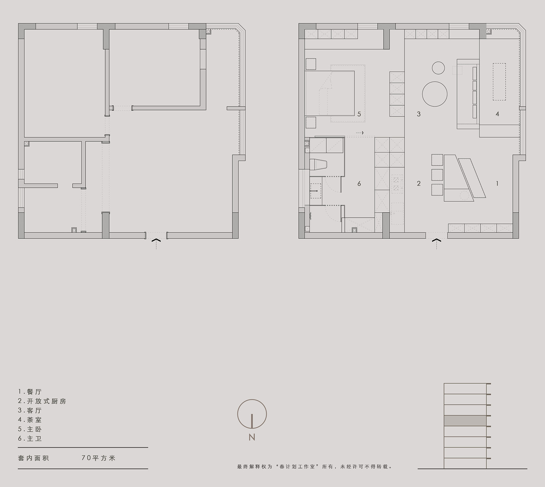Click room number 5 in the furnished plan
(x=359, y=114)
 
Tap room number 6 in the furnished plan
(x=359, y=183)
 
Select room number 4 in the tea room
(x=497, y=114)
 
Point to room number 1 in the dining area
(x=497, y=183)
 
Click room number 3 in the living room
(x=418, y=114)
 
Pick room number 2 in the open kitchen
(x=418, y=183)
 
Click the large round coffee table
(x=434, y=94)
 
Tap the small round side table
(x=438, y=68)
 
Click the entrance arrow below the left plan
(x=156, y=241)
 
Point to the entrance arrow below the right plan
(x=437, y=241)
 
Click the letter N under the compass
(x=252, y=437)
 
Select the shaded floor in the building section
(x=465, y=421)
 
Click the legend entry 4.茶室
(x=30, y=420)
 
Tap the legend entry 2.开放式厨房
(x=42, y=401)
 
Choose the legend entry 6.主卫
(x=30, y=439)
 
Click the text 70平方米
(x=98, y=458)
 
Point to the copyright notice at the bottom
(x=314, y=467)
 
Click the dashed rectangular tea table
(x=499, y=82)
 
